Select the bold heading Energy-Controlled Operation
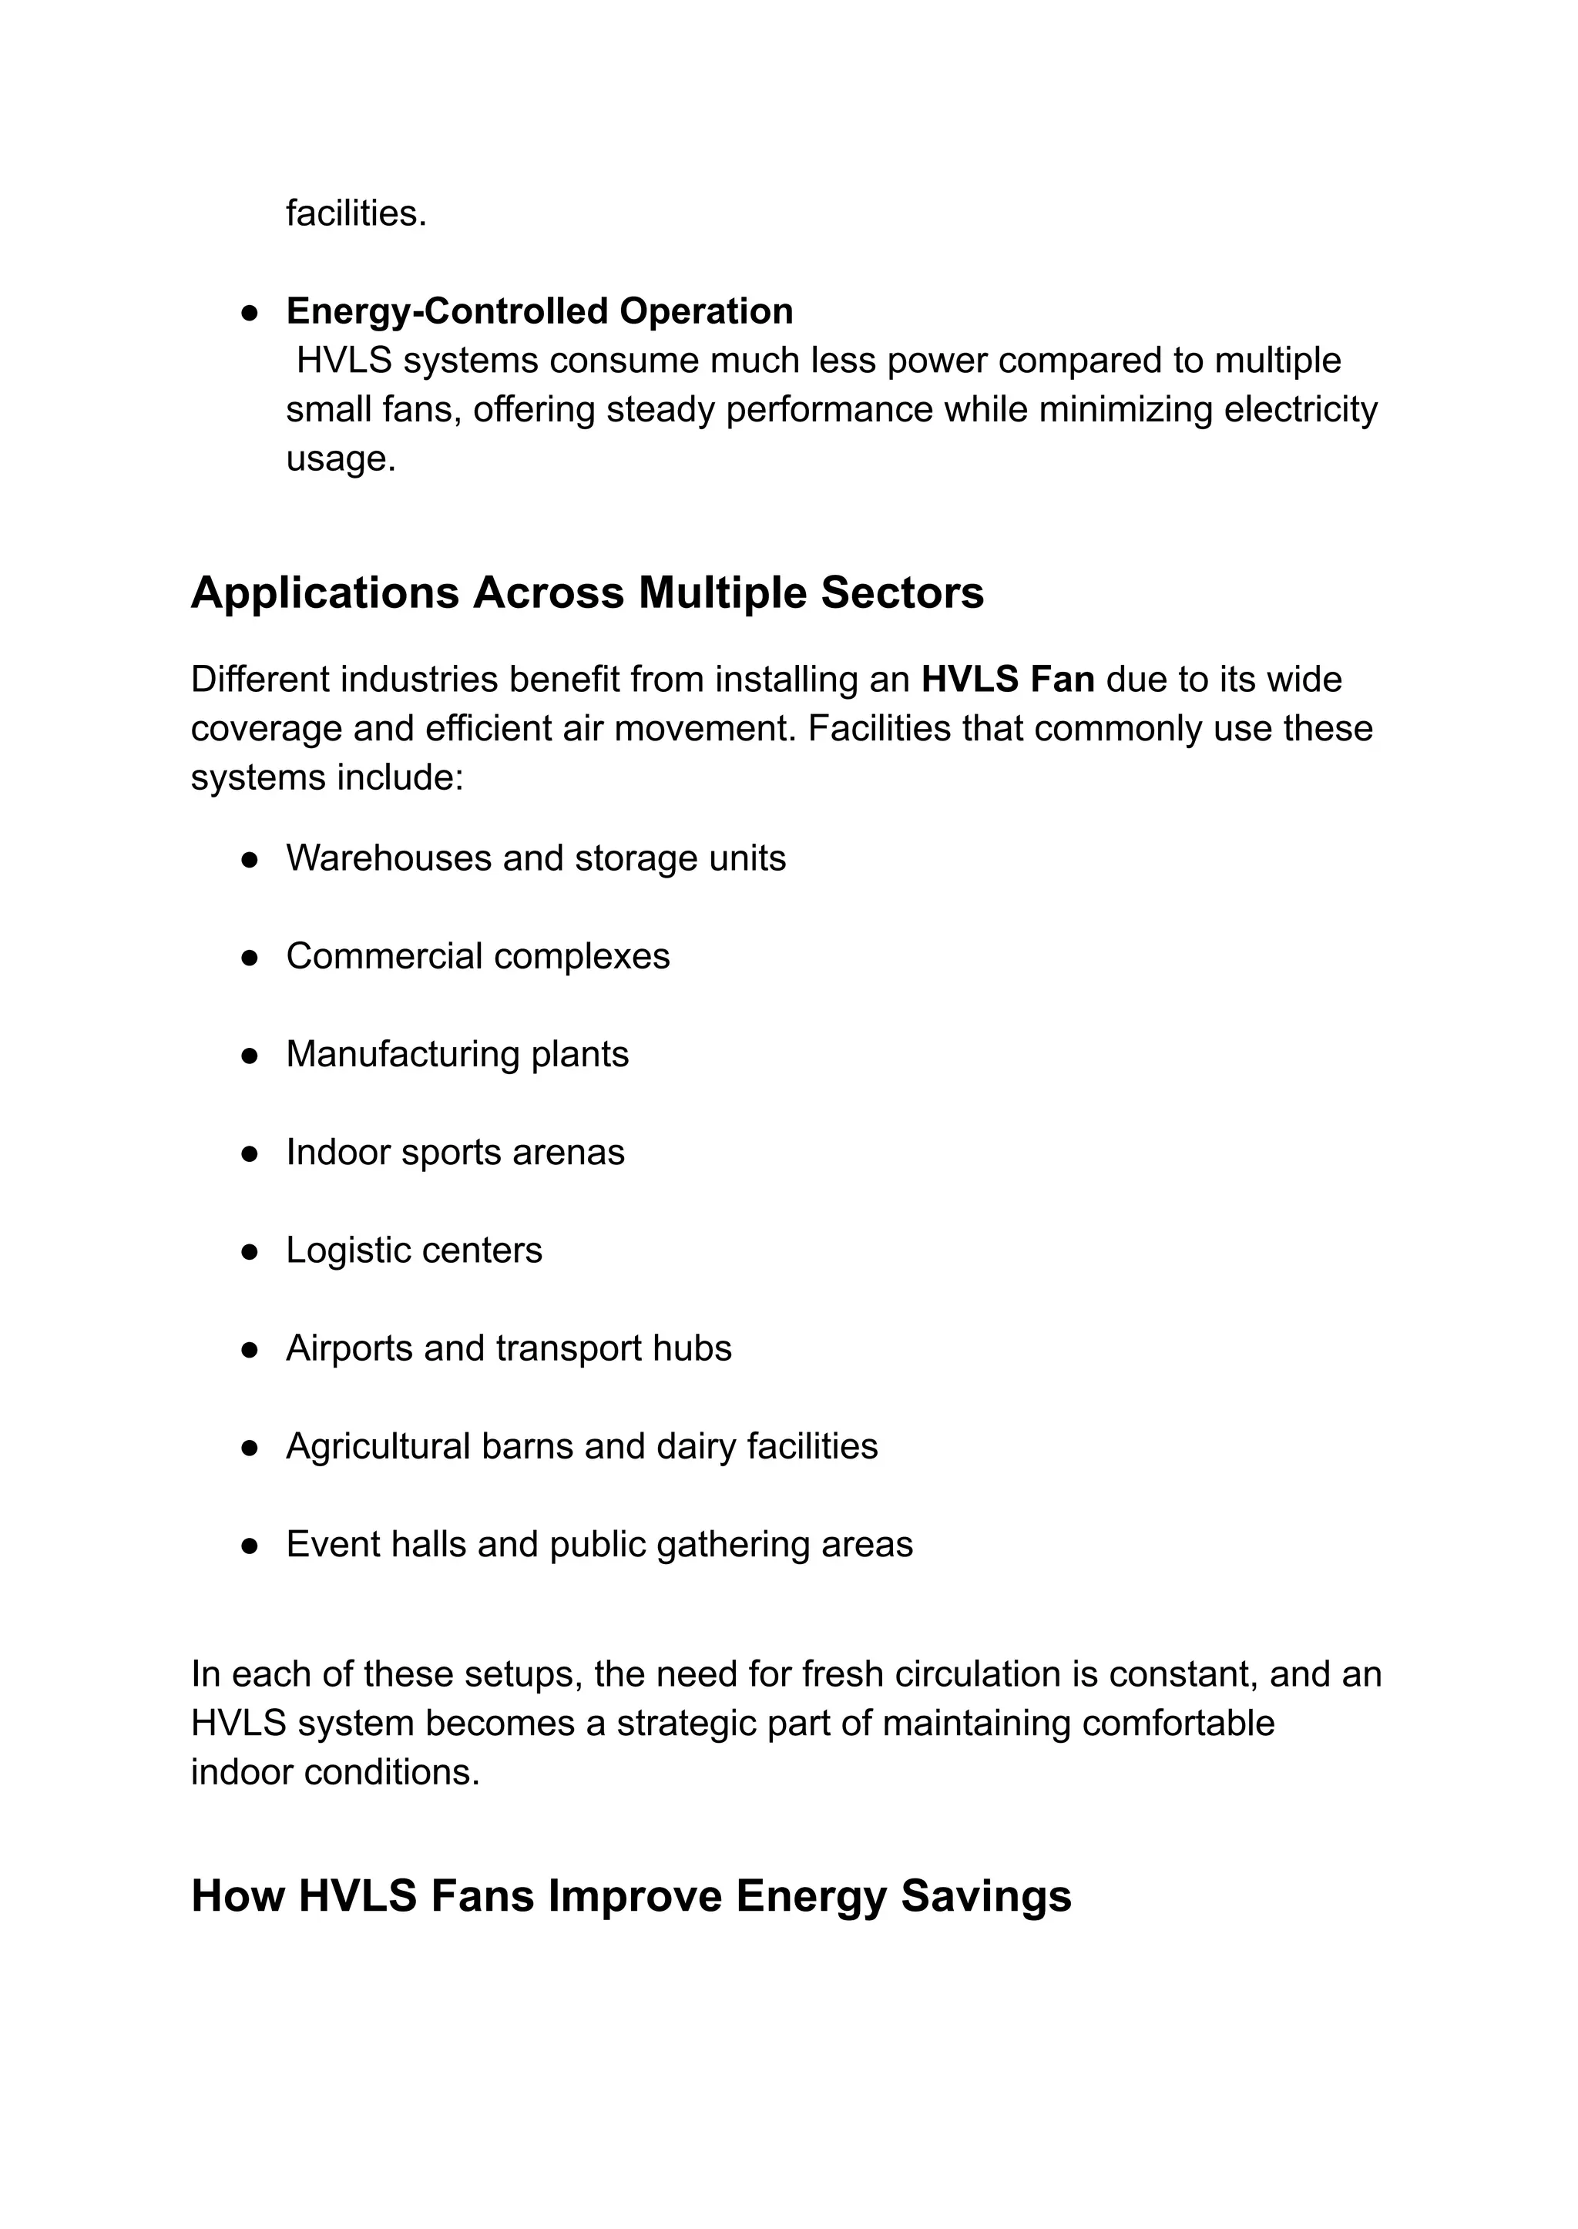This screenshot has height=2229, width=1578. [x=539, y=312]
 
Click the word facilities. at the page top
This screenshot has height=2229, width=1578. [x=356, y=213]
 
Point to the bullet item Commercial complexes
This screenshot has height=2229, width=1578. [x=477, y=956]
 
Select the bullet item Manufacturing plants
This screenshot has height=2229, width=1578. [x=457, y=1054]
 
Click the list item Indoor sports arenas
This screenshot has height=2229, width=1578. [x=455, y=1153]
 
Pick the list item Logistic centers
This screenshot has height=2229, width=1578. [x=414, y=1250]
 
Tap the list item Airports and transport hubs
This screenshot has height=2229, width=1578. [x=509, y=1348]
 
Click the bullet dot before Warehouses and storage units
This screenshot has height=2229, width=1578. [x=250, y=860]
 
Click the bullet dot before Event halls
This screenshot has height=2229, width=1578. [x=250, y=1546]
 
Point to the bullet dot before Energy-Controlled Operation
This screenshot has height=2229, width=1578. [x=250, y=313]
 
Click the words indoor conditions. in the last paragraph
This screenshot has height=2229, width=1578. [x=335, y=1772]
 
